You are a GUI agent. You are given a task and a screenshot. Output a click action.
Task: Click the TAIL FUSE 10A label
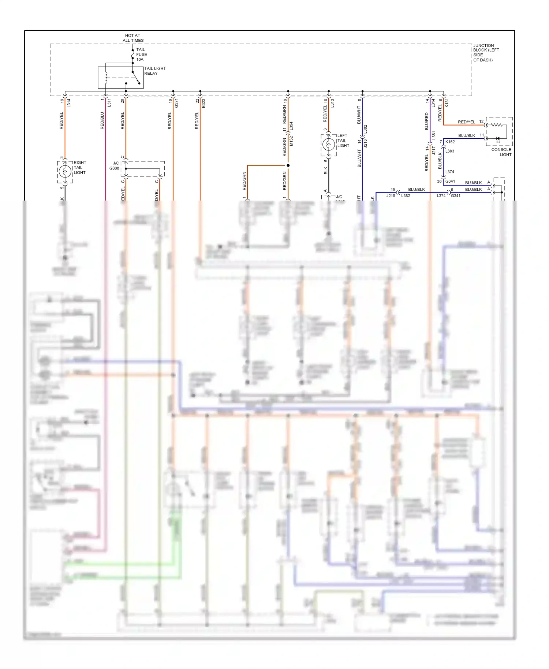click(x=141, y=55)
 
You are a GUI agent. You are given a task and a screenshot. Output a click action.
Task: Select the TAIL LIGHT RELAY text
click(x=154, y=71)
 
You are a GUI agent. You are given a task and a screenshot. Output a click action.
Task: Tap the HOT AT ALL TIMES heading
click(x=133, y=38)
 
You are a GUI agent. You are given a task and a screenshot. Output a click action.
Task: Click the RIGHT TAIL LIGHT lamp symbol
click(x=65, y=171)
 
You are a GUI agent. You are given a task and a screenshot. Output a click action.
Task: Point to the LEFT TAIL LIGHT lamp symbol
click(x=329, y=145)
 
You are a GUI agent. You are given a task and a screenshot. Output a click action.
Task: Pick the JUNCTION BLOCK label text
click(x=486, y=53)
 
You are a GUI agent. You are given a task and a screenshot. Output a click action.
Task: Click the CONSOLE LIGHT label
click(x=501, y=152)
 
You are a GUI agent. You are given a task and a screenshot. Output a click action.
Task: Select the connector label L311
click(x=109, y=103)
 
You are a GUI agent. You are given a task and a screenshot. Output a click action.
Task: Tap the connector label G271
click(x=176, y=103)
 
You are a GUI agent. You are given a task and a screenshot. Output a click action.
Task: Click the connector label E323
click(x=203, y=103)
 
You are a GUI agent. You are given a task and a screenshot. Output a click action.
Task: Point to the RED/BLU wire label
click(x=102, y=121)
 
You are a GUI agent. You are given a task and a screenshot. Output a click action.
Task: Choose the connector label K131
click(x=447, y=103)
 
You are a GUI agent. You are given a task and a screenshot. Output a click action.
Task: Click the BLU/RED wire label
click(x=426, y=121)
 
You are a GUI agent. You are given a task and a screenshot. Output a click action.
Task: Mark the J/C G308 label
click(x=115, y=166)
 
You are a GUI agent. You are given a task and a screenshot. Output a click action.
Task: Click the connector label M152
click(x=291, y=141)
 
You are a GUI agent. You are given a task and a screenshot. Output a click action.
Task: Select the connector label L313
click(x=332, y=103)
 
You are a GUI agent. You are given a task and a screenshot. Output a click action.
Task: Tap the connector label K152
click(x=450, y=142)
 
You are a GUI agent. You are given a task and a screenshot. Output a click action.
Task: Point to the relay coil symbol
click(x=106, y=77)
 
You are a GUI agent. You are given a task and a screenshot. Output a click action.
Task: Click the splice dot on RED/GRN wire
click(x=288, y=165)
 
